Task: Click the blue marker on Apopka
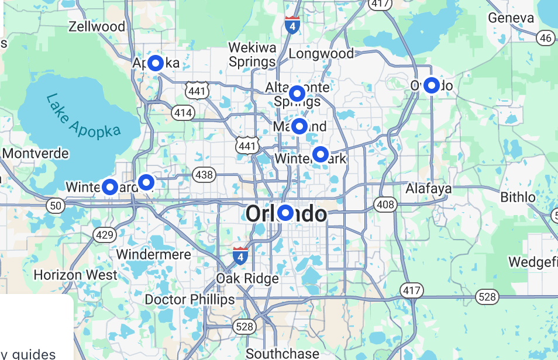coord(156,63)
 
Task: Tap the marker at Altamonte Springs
coord(297,94)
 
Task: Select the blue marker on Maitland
coord(299,126)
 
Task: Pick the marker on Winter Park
coord(321,154)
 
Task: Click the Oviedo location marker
coord(432,85)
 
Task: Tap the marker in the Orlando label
coord(285,213)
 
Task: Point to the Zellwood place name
coord(97,26)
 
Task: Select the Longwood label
coord(321,54)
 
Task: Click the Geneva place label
coord(511,18)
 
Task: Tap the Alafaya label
coord(429,188)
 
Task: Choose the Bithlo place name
coord(518,197)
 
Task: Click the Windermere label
coord(153,255)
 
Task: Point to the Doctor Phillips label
coord(190,300)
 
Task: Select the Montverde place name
coord(36,154)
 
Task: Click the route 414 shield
coord(183,112)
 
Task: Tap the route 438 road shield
coord(204,174)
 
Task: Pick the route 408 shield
coord(385,205)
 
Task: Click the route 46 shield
coord(546,38)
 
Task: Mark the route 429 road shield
coord(104,235)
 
